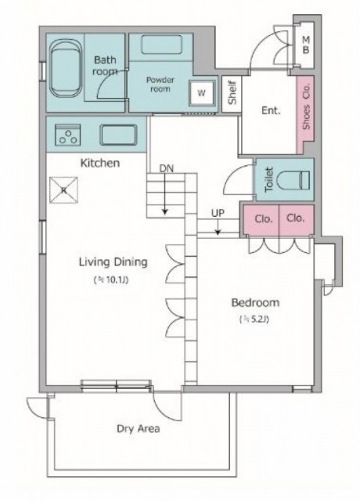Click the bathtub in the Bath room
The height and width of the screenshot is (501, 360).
[66, 68]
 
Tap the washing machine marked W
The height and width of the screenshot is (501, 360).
[202, 93]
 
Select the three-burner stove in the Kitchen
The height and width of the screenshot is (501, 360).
[68, 135]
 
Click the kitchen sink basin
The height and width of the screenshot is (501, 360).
[118, 135]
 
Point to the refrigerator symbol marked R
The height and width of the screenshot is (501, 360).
[64, 190]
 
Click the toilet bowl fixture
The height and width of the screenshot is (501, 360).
[293, 180]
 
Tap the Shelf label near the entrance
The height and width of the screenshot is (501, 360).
[232, 92]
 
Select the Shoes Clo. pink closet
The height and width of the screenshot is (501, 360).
[306, 113]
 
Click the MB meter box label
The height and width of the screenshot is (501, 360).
[306, 45]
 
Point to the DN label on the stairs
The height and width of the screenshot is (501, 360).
[167, 168]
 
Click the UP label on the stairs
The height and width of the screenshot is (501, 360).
[218, 213]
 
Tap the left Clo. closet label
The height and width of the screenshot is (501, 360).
[264, 219]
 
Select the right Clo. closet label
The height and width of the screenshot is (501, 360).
[296, 218]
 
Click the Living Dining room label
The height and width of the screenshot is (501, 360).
[113, 262]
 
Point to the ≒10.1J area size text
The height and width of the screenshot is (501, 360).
[112, 280]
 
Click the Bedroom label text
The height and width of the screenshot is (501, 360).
[255, 303]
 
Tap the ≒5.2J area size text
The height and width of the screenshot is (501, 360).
[254, 319]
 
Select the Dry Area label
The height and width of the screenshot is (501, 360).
[139, 428]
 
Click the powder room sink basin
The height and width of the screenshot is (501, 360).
[162, 45]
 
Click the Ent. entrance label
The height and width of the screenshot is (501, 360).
[271, 110]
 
